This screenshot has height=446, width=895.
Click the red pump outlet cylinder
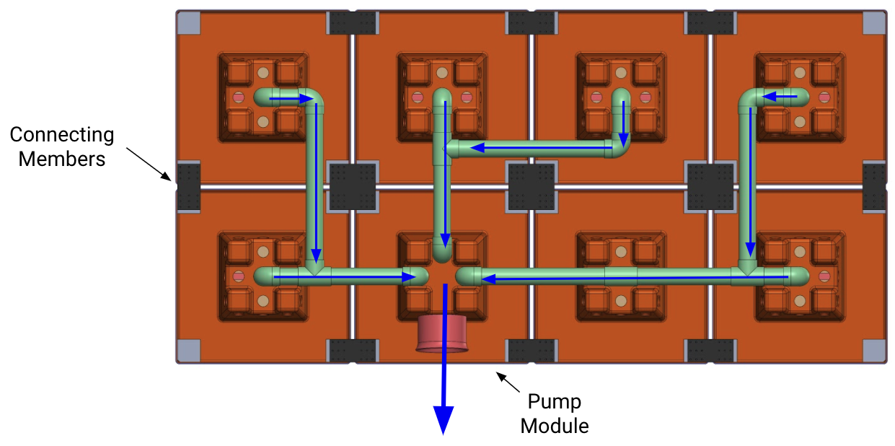click(442, 333)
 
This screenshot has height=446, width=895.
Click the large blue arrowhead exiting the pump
click(444, 420)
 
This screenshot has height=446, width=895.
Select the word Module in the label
click(555, 426)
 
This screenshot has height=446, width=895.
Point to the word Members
click(62, 159)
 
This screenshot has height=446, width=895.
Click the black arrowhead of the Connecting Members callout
click(167, 177)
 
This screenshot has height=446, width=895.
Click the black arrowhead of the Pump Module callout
click(501, 377)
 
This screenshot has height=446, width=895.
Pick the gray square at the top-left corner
click(188, 23)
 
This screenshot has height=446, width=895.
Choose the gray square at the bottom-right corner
click(874, 351)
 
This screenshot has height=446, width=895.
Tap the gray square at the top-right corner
click(874, 23)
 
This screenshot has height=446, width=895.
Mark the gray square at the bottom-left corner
click(188, 351)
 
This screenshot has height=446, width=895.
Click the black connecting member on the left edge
click(188, 187)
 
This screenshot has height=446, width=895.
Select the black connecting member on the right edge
click(874, 187)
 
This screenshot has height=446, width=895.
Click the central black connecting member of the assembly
click(532, 187)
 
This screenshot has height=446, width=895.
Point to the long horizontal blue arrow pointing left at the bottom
click(635, 278)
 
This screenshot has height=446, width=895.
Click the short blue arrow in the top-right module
click(780, 97)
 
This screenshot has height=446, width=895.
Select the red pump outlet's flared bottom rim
click(442, 349)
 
